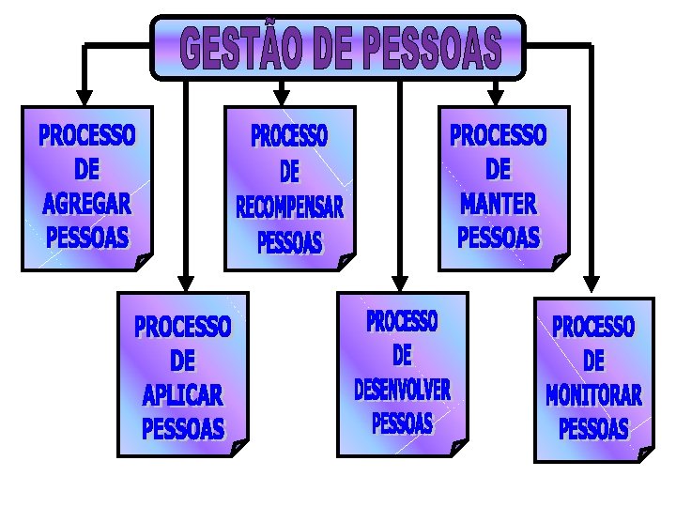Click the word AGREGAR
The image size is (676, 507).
coord(87,203)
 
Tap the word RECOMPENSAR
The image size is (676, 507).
coord(289,207)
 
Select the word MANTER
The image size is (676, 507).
coord(498,203)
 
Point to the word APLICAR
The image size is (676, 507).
coord(182,394)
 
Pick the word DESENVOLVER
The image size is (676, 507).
coord(402,389)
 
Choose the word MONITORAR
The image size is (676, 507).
coord(593,395)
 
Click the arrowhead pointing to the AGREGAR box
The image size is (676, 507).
coord(84,97)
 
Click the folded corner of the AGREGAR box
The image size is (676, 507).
coord(144,262)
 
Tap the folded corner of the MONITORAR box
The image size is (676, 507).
coord(645,454)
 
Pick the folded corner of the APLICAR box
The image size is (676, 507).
coord(238,448)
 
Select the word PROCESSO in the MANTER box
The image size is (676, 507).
coord(498,136)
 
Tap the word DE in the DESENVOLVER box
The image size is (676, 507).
coord(402,356)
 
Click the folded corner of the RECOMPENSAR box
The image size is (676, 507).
coord(346,261)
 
